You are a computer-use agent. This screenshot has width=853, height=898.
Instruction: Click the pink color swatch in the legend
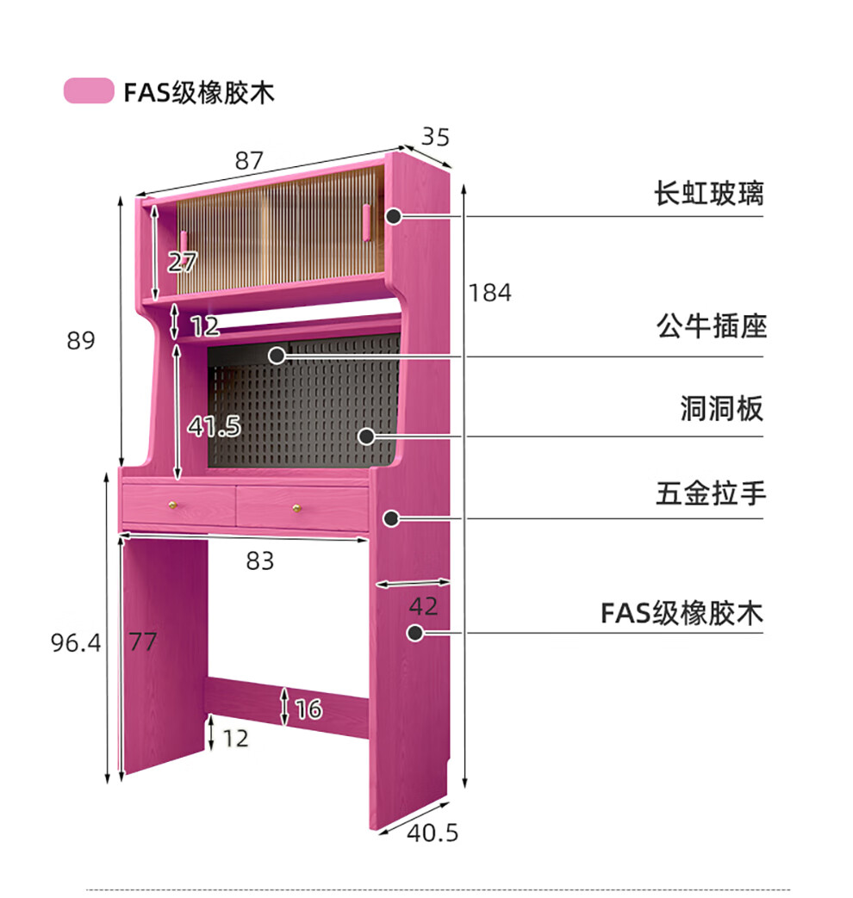[89, 90]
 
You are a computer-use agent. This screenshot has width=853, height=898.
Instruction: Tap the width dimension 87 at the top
[249, 160]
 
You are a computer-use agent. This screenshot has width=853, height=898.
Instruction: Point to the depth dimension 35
[435, 137]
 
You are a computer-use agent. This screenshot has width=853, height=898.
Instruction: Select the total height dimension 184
[489, 293]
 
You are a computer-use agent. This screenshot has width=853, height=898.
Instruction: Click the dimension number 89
[81, 341]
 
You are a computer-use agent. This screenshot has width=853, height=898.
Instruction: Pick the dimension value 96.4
[76, 642]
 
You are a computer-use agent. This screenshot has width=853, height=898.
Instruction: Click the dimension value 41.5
[215, 426]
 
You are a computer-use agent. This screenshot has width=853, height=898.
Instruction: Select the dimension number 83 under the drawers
[259, 561]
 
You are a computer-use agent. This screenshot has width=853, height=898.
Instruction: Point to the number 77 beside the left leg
[143, 642]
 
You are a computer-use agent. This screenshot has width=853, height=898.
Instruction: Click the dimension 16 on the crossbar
[308, 709]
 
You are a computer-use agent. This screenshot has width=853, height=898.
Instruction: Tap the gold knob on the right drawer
[298, 507]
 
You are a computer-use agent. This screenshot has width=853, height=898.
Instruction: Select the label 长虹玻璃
[708, 194]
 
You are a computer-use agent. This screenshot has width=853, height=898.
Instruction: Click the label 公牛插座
[711, 327]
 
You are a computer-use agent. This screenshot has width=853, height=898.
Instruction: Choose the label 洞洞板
[722, 409]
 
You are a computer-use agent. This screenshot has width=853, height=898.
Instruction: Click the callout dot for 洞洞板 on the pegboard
[367, 436]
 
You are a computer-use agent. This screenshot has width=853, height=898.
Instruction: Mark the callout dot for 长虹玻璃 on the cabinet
[393, 217]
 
